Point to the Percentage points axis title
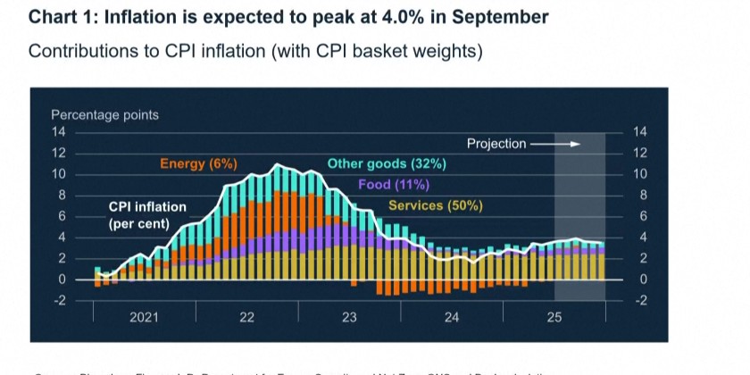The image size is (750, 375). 104,115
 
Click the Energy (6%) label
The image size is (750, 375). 198,163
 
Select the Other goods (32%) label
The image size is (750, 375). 387,163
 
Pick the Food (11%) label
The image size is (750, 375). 394,185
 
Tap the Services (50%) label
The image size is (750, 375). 435,205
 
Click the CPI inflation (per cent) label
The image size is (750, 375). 147,215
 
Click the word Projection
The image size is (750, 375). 496,143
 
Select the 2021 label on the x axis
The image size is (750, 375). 145,317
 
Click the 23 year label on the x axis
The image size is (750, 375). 349,317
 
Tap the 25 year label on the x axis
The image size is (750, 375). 554,317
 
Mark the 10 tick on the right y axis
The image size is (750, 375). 639,174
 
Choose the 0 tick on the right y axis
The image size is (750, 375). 637,279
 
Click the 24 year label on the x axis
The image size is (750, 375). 452,317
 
